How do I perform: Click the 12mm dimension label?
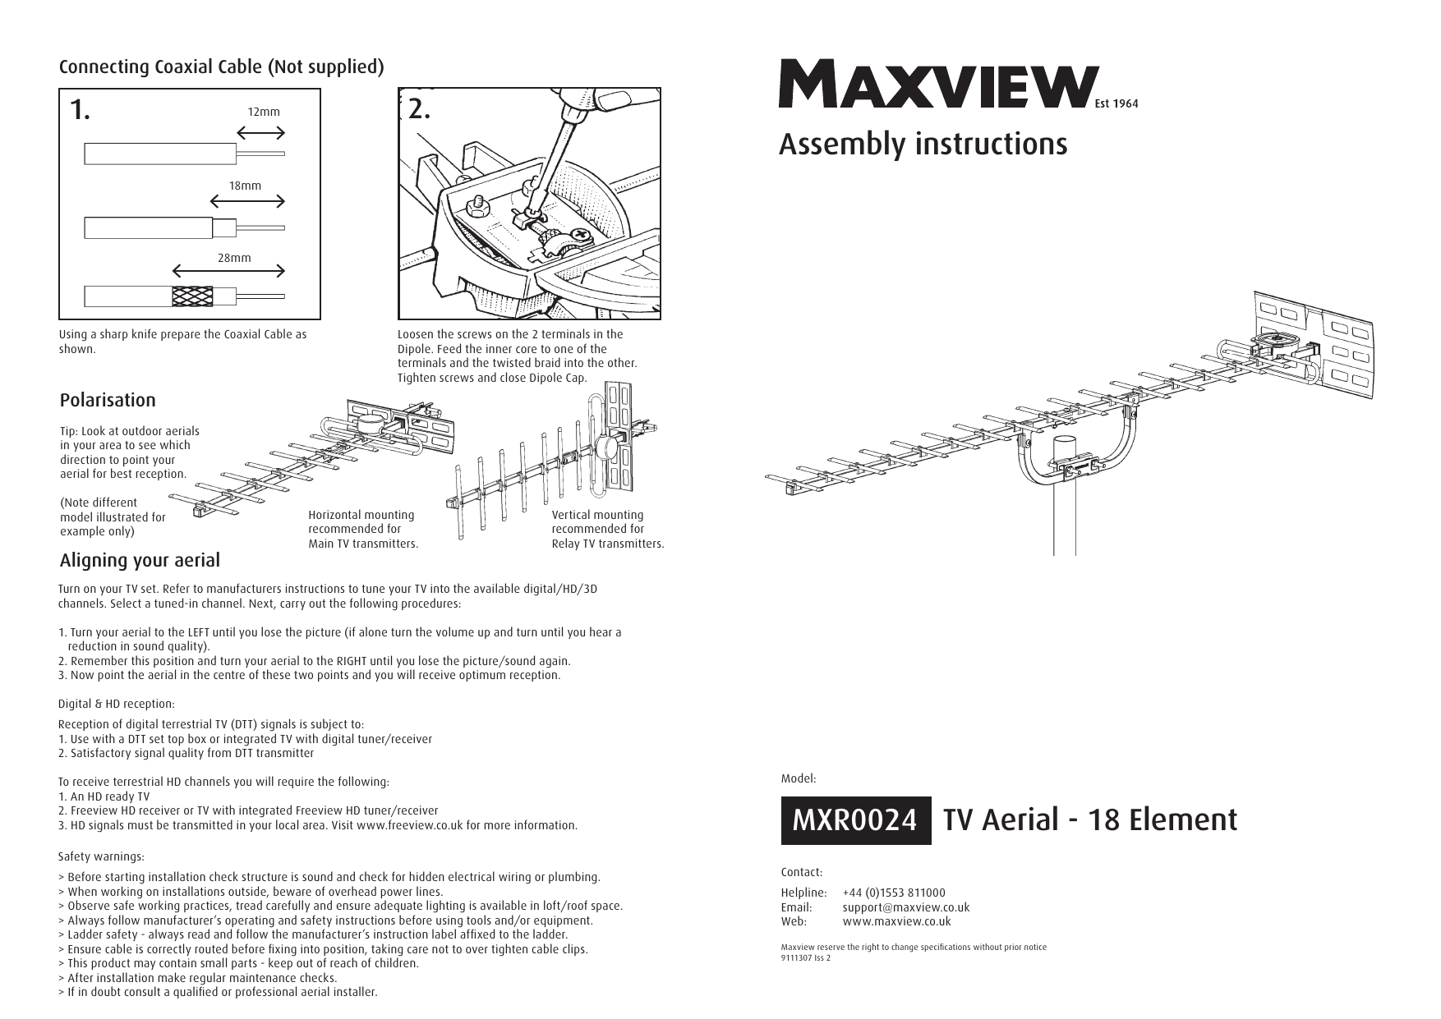pyautogui.click(x=264, y=111)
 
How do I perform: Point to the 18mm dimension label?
pyautogui.click(x=245, y=186)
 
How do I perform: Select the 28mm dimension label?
pyautogui.click(x=234, y=258)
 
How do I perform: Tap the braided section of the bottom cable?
pyautogui.click(x=192, y=296)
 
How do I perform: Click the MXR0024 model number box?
pyautogui.click(x=854, y=820)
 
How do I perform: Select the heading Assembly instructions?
pyautogui.click(x=923, y=145)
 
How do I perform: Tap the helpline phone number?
pyautogui.click(x=894, y=893)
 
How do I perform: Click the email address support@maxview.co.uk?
pyautogui.click(x=905, y=907)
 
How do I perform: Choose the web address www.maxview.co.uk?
pyautogui.click(x=896, y=921)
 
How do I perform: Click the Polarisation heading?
pyautogui.click(x=108, y=401)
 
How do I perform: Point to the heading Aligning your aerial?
pyautogui.click(x=140, y=561)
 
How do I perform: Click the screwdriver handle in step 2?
pyautogui.click(x=612, y=99)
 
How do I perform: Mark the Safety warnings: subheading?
pyautogui.click(x=101, y=857)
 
